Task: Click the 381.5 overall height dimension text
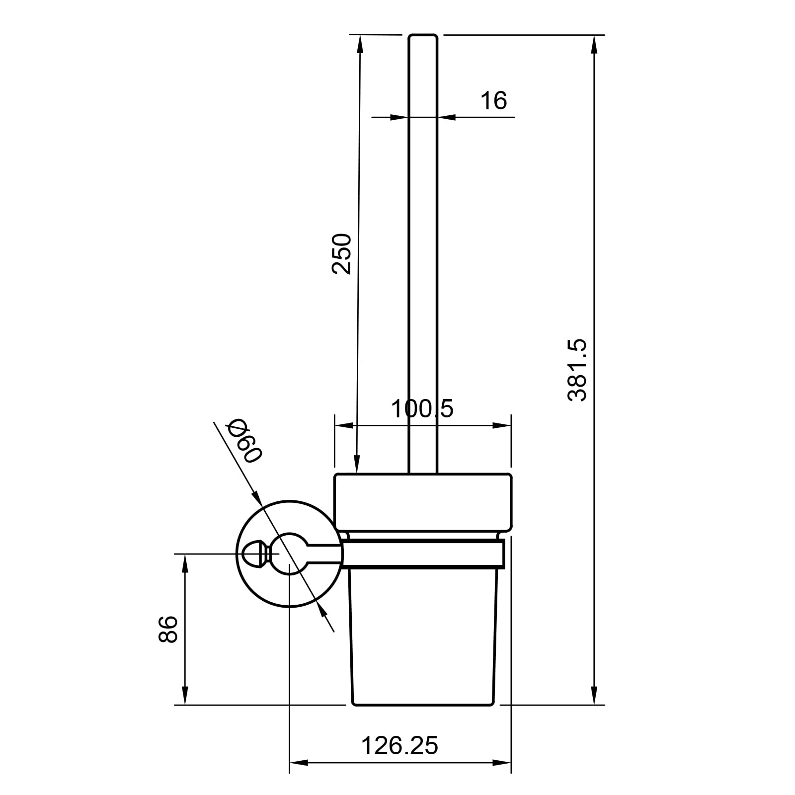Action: coord(577,370)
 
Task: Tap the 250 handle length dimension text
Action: coord(341,254)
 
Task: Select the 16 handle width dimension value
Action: coord(493,100)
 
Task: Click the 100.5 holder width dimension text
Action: coord(422,409)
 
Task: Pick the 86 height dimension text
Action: coord(168,629)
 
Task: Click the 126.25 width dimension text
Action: coord(399,745)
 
